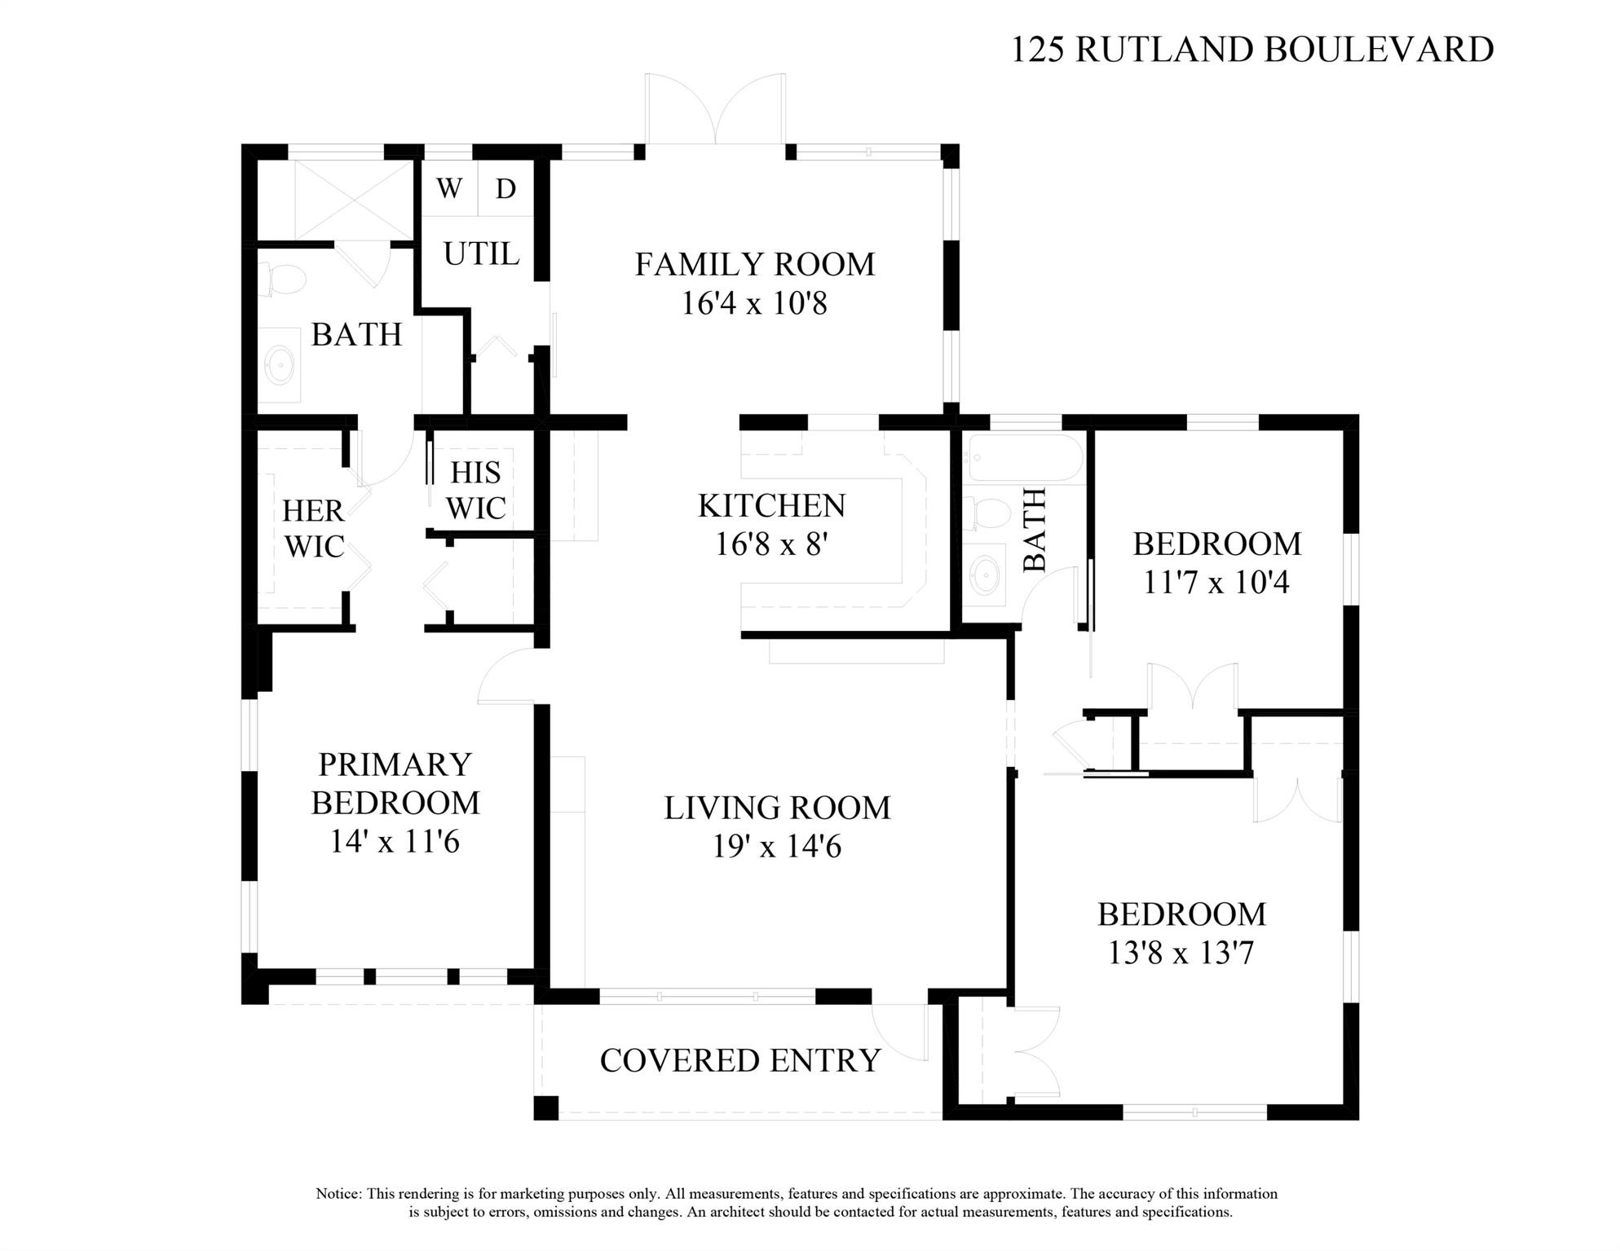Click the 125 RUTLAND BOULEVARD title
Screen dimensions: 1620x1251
tap(1251, 49)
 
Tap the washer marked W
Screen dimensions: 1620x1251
tap(449, 188)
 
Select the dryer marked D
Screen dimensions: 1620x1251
tap(506, 188)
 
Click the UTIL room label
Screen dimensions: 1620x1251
tap(481, 253)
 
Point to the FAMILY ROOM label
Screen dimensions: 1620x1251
tap(755, 264)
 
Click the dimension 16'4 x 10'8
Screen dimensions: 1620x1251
tap(754, 303)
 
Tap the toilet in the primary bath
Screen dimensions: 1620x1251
tap(282, 279)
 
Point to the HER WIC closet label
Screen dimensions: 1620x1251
tap(313, 528)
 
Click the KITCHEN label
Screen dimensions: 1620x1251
tap(771, 506)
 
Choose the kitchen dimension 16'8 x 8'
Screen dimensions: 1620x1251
tap(771, 544)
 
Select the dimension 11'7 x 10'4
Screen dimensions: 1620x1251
tap(1216, 583)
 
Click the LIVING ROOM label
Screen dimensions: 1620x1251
tap(777, 808)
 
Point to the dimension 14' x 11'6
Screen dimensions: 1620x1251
tap(395, 841)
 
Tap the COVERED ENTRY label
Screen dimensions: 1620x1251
tap(740, 1060)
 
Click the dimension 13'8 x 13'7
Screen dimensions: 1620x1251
tap(1181, 953)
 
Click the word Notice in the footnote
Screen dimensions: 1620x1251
tap(338, 1194)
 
